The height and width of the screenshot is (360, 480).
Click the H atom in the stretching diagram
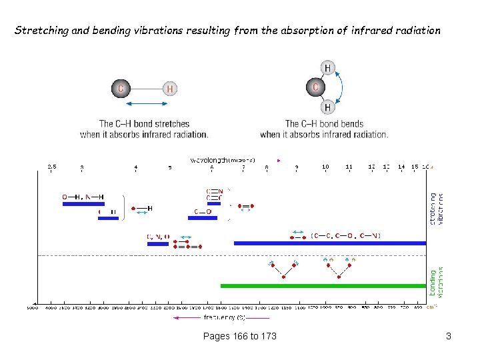(170, 88)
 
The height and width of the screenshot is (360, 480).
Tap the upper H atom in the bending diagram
(327, 67)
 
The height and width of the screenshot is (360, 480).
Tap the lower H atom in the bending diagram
(327, 107)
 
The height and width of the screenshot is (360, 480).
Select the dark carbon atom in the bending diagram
(315, 87)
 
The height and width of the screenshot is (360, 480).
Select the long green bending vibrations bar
(323, 286)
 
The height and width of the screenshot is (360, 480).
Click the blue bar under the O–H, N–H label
(83, 204)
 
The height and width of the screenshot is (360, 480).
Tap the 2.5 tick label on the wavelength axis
(51, 167)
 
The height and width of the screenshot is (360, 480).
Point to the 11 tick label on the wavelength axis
(349, 167)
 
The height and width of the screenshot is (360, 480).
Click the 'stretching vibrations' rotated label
(436, 209)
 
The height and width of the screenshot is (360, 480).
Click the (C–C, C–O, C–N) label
(346, 235)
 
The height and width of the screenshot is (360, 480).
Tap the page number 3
(449, 336)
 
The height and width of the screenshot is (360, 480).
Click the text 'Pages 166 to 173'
(239, 336)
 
